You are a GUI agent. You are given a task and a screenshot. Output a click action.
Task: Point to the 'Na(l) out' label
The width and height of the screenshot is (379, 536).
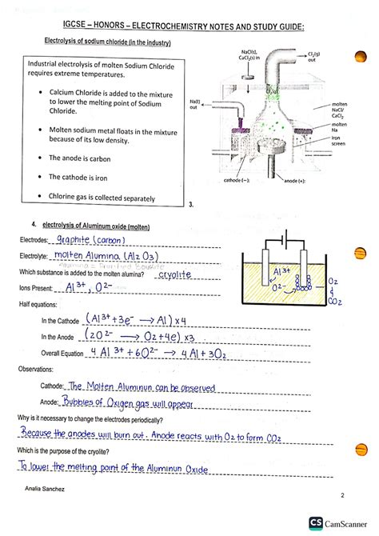point(194,106)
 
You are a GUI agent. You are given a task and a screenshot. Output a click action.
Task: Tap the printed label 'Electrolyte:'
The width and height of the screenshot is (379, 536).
point(36,257)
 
